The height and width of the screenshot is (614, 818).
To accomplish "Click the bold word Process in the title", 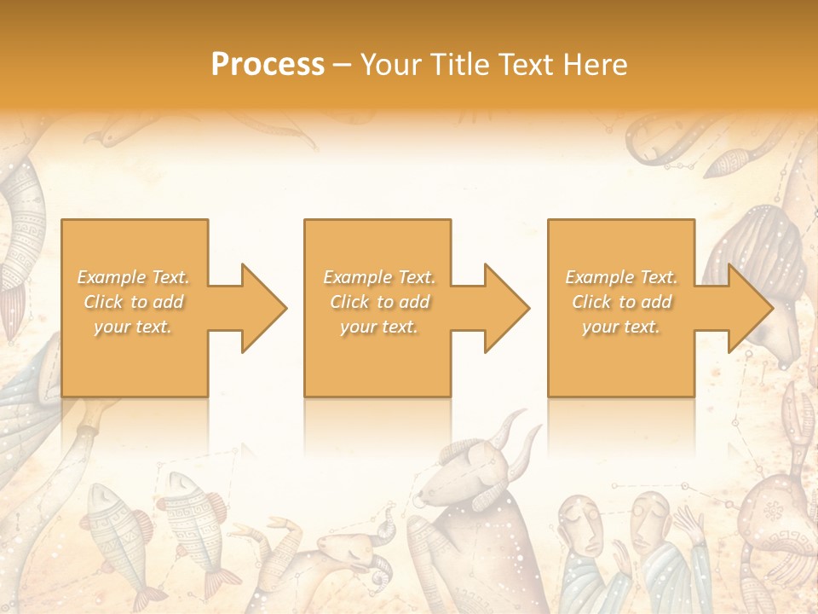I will pyautogui.click(x=268, y=65).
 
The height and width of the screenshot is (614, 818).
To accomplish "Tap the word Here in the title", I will pyautogui.click(x=594, y=65).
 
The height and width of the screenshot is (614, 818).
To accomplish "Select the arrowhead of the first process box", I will pyautogui.click(x=262, y=308).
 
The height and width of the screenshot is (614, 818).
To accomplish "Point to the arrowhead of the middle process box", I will pyautogui.click(x=504, y=308).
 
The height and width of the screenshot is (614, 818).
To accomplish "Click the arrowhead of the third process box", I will pyautogui.click(x=747, y=308).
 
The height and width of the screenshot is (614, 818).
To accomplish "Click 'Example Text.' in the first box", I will pyautogui.click(x=134, y=277).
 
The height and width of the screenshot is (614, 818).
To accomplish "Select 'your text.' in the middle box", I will pyautogui.click(x=379, y=327).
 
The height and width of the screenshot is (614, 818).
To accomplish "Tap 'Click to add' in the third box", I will pyautogui.click(x=622, y=302).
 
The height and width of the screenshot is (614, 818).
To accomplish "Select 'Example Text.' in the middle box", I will pyautogui.click(x=379, y=277).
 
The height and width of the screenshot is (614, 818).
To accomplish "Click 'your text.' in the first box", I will pyautogui.click(x=134, y=327).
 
